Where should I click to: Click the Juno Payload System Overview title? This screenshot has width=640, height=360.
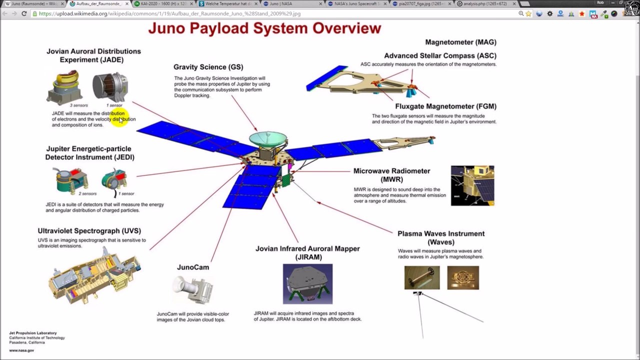[x=264, y=28]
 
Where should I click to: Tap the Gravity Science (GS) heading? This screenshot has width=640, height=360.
[x=208, y=67]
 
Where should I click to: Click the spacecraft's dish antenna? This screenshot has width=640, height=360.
[x=268, y=138]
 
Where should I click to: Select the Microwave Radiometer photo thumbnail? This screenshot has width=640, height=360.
[x=472, y=185]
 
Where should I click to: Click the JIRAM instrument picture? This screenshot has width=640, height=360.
[x=307, y=283]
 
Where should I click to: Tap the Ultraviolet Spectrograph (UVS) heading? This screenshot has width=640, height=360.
[x=89, y=231]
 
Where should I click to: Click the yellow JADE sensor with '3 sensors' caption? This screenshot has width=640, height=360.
[x=65, y=87]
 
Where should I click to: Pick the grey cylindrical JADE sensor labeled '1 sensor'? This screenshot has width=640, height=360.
[x=110, y=87]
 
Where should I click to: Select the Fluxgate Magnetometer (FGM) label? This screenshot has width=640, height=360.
[x=445, y=106]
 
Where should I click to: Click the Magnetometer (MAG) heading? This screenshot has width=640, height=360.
[x=460, y=42]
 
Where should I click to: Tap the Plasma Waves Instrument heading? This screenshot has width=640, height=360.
[x=440, y=233]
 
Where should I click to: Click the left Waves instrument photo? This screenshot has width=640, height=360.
[x=421, y=277]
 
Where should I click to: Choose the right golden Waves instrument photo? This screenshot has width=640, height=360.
[x=462, y=277]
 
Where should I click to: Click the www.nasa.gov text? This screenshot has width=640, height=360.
[x=21, y=350]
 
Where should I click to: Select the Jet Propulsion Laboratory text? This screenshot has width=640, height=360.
[x=32, y=333]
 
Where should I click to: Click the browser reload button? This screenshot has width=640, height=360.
[x=24, y=13]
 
